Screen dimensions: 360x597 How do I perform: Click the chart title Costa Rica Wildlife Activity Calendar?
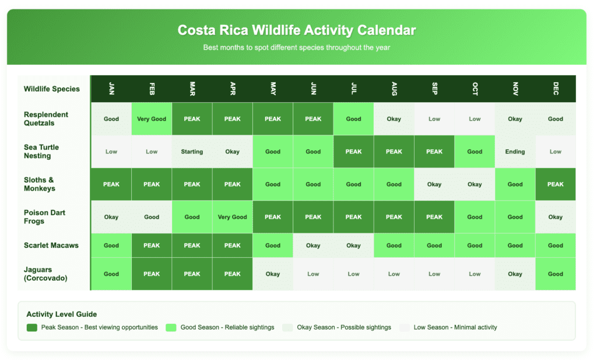[x=297, y=30]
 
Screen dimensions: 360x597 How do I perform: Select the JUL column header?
[x=353, y=89]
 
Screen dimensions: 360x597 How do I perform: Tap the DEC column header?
[x=555, y=89]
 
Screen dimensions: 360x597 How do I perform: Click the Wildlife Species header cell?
[x=52, y=89]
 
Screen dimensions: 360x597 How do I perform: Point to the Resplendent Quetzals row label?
[x=46, y=118]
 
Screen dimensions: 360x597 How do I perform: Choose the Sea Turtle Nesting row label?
[x=41, y=152]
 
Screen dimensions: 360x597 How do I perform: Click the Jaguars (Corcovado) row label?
[x=46, y=274]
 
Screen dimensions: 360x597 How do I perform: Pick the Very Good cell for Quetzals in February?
[x=152, y=119]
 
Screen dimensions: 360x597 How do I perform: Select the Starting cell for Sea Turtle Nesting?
[x=192, y=152]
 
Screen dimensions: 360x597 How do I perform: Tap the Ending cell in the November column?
[x=515, y=152]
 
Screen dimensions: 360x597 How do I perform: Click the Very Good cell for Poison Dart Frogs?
[x=232, y=217]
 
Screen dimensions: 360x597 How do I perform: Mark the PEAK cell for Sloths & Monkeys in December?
[x=555, y=184]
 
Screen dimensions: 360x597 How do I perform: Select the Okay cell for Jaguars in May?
[x=273, y=274]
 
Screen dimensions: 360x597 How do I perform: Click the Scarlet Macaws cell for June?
[x=313, y=246]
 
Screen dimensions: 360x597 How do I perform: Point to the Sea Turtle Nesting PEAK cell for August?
[x=394, y=152]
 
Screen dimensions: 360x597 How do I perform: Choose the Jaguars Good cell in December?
[x=555, y=274]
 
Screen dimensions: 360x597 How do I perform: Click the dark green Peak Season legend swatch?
[x=31, y=327]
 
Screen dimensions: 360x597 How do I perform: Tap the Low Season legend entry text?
[x=455, y=327]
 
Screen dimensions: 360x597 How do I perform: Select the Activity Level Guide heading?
[x=62, y=314]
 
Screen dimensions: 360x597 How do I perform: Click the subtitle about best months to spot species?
[x=297, y=47]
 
